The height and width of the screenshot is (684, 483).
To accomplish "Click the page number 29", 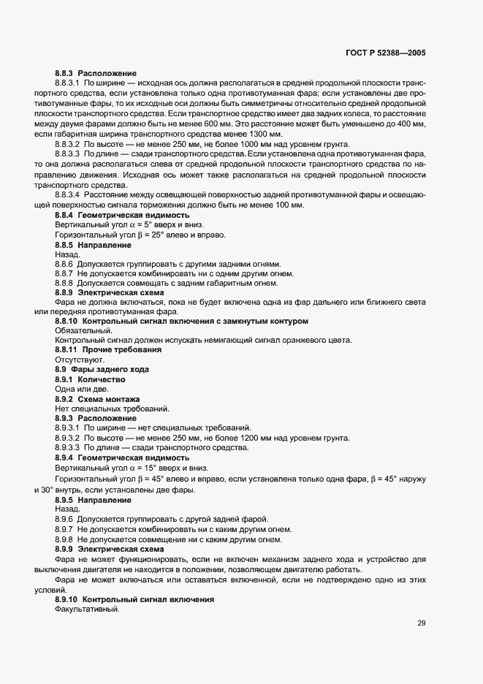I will (422, 623).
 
